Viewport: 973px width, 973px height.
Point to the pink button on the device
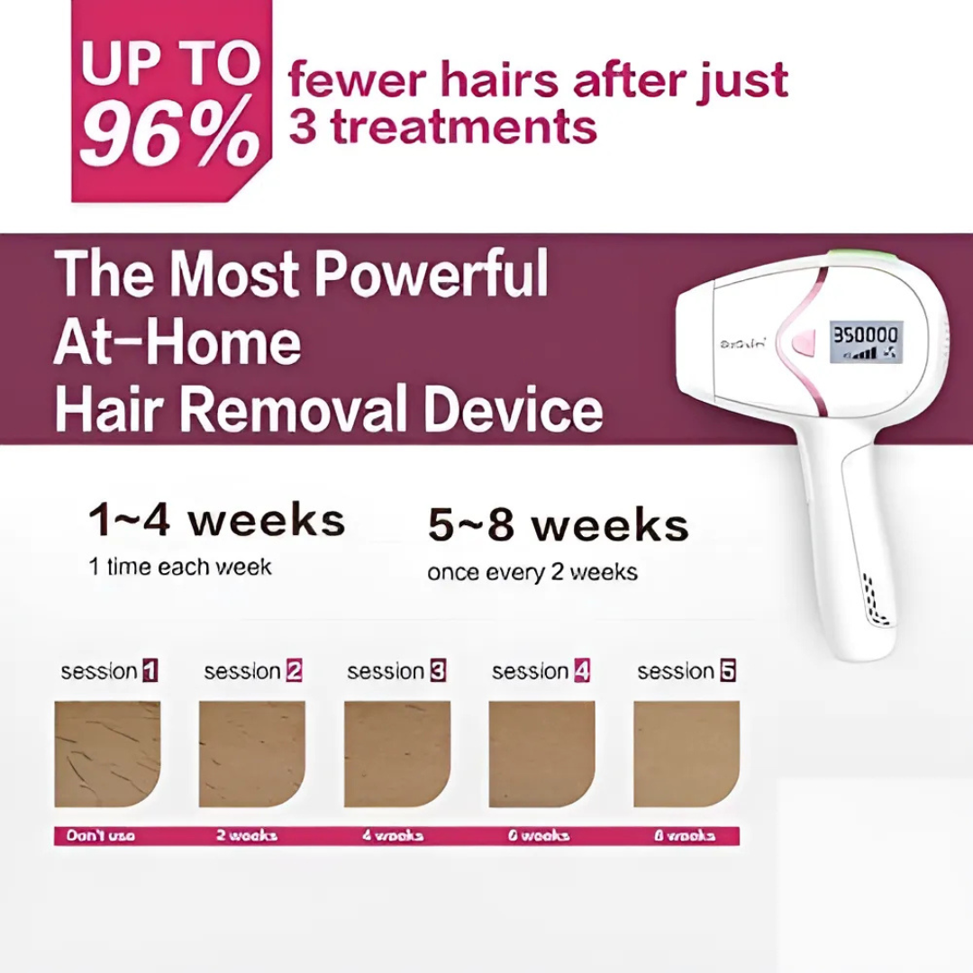point(799,343)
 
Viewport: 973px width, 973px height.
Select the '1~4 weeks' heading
point(216,521)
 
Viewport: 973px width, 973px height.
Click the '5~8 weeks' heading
point(558,526)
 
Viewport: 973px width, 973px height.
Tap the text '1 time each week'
point(179,567)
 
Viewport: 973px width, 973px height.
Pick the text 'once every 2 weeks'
point(532,573)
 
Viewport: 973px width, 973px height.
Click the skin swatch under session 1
point(107,754)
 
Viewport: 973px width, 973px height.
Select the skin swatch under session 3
point(397,754)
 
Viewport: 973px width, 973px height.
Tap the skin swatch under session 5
point(687,754)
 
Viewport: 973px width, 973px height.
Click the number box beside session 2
point(294,671)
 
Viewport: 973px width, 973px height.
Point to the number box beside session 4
point(582,671)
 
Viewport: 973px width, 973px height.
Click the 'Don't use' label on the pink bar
point(101,836)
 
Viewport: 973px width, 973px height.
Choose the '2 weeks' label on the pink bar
point(246,836)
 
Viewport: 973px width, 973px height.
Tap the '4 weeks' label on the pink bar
point(392,836)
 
